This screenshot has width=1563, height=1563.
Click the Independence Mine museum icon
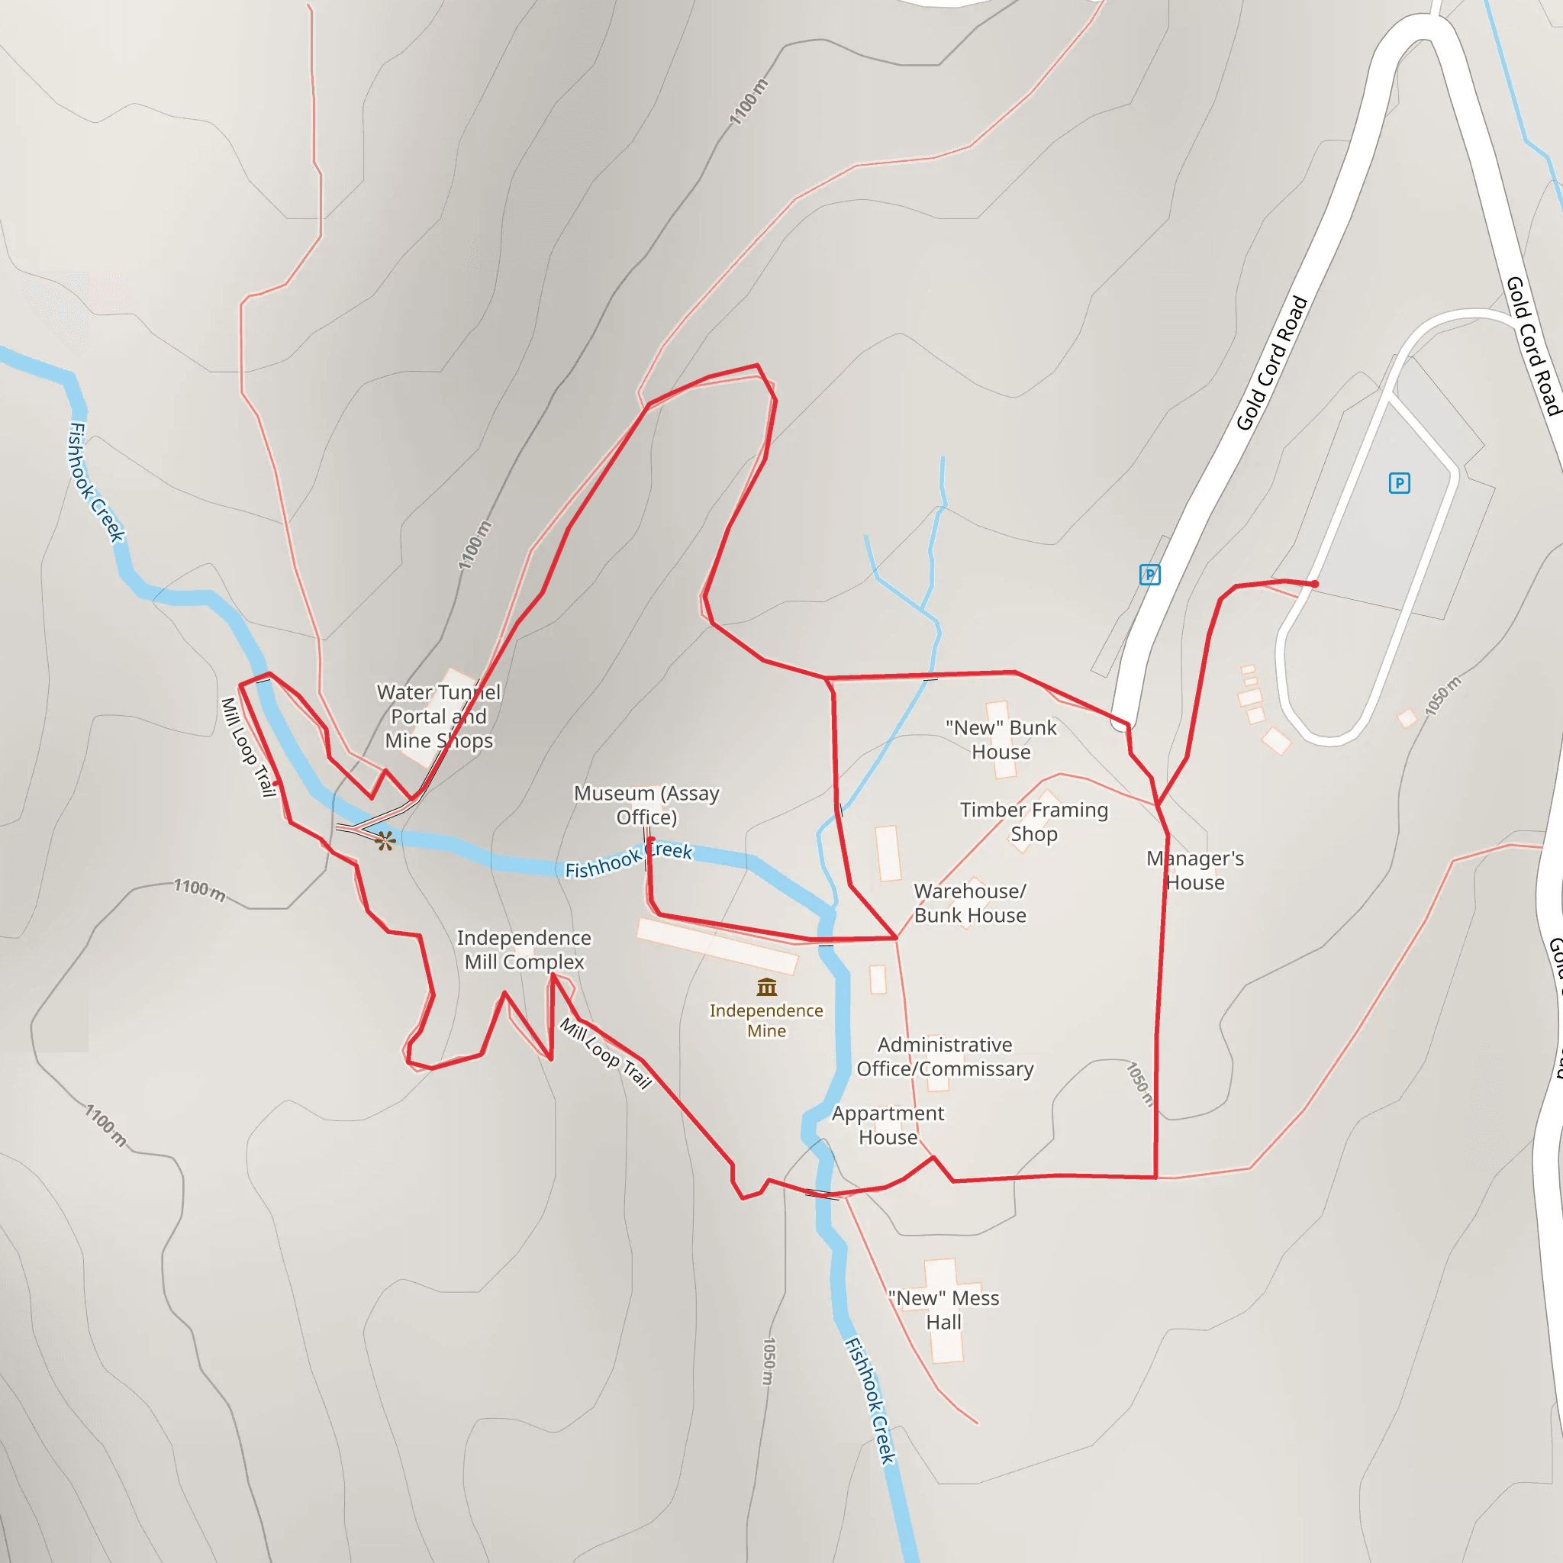[x=766, y=987]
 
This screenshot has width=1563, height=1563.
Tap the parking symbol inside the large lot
[x=1399, y=483]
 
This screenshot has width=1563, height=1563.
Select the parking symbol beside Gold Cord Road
[x=1149, y=575]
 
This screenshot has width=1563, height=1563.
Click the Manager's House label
[x=1195, y=871]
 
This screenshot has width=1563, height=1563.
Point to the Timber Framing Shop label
[x=1034, y=821]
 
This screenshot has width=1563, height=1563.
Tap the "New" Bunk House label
[x=1001, y=740]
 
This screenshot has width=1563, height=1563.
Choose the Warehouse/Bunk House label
[x=970, y=903]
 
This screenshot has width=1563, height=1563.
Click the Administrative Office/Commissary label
[x=945, y=1056]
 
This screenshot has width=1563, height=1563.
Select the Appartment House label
[x=888, y=1126]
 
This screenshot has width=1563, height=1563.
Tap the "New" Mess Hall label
[x=944, y=1310]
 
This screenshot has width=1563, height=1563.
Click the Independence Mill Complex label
[x=524, y=949]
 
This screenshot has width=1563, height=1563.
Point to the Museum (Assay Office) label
[x=646, y=805]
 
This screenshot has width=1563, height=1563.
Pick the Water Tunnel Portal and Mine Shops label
[x=440, y=716]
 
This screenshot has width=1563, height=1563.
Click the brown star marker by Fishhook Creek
[x=385, y=840]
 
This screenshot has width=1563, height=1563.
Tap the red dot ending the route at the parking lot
[x=1316, y=583]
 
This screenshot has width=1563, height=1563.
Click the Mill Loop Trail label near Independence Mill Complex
[x=606, y=1053]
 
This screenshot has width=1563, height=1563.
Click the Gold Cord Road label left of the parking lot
[x=1271, y=363]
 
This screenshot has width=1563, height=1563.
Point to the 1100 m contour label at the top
[x=749, y=102]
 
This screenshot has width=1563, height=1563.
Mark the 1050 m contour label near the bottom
[x=769, y=1361]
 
